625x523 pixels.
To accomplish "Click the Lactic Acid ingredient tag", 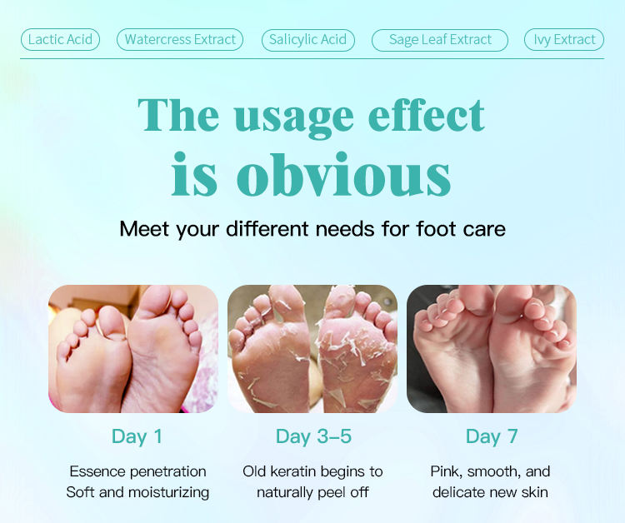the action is [x=60, y=39].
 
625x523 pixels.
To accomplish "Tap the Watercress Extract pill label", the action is [x=180, y=39].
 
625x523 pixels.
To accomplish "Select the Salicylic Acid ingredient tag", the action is [x=308, y=40].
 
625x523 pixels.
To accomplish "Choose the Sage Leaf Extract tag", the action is [x=440, y=40].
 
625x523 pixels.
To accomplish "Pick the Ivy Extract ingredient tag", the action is [x=564, y=39].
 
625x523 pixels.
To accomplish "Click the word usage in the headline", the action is [x=294, y=117].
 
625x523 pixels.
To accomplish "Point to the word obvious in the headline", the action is [x=343, y=175].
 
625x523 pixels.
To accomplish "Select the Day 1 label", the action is [x=137, y=436].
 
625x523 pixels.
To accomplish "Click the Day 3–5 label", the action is [x=313, y=436].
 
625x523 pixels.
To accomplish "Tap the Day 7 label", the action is [x=492, y=436].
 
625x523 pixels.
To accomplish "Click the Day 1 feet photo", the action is [x=133, y=349].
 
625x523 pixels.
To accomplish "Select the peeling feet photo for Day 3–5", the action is [x=312, y=349].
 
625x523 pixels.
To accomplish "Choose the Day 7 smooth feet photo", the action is [x=492, y=349].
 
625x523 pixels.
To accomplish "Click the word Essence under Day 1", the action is [x=97, y=471].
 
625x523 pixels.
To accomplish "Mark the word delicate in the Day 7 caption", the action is [x=459, y=492].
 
